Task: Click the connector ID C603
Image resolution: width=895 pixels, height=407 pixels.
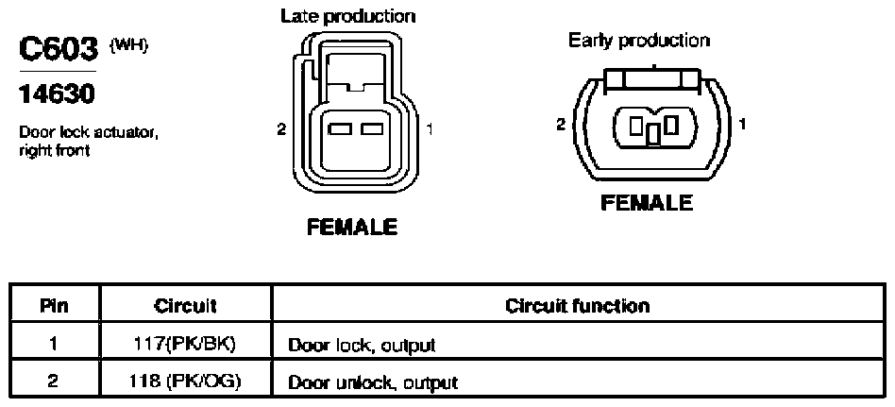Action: [59, 50]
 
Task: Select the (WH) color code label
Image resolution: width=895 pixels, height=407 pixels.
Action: [128, 45]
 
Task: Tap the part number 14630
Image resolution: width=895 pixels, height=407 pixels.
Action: [56, 94]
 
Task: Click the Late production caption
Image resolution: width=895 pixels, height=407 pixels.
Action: [347, 16]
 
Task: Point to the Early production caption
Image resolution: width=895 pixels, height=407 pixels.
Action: [639, 41]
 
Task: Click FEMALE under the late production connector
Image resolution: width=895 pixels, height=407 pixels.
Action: [351, 228]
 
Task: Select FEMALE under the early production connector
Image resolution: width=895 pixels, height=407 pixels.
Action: [647, 202]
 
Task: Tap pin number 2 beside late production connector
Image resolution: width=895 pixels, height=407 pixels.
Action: [281, 129]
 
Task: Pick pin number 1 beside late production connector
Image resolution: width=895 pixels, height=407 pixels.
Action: [430, 129]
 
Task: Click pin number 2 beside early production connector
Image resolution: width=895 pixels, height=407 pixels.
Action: [562, 124]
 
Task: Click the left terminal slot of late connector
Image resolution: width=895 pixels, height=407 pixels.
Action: [340, 129]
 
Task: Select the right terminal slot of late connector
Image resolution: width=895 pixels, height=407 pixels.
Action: [372, 129]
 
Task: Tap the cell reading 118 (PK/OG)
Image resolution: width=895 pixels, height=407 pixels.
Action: [185, 382]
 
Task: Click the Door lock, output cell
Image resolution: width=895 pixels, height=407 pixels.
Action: [362, 346]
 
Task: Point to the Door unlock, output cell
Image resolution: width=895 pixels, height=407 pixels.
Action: [373, 382]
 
